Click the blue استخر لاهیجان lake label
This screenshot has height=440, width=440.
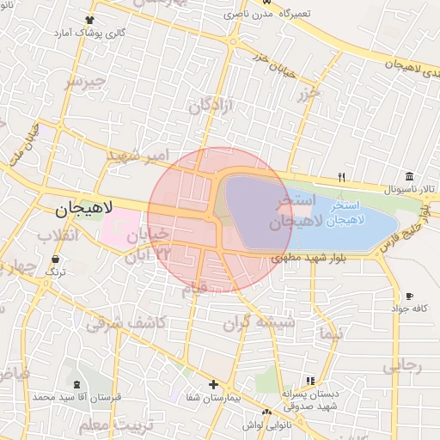[350, 214]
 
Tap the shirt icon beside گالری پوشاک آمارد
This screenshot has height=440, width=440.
[90, 19]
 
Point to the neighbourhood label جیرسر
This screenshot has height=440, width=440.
[85, 82]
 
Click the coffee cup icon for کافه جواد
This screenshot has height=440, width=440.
[409, 296]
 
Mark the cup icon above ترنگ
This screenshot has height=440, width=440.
[56, 258]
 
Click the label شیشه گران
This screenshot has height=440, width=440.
[259, 323]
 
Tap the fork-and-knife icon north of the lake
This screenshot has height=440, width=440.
[342, 178]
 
